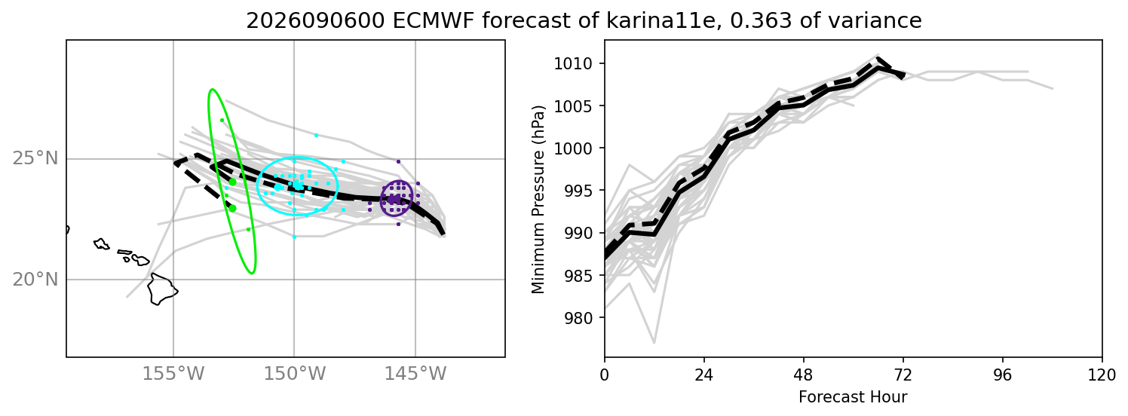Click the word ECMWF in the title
point(434,20)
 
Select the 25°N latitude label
point(35,158)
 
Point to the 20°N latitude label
point(35,279)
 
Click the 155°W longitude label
point(173,374)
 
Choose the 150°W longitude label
point(295,374)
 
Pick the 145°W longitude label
point(415,374)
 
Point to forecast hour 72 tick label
point(903,375)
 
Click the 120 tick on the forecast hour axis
point(1102,375)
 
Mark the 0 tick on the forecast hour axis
point(604,375)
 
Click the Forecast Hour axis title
point(853,397)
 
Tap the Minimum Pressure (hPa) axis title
point(538,199)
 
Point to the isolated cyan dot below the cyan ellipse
point(295,237)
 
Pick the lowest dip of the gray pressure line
point(654,343)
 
